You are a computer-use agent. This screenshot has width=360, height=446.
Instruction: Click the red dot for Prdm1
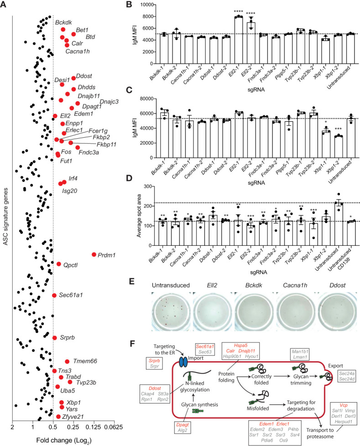point(94,254)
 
